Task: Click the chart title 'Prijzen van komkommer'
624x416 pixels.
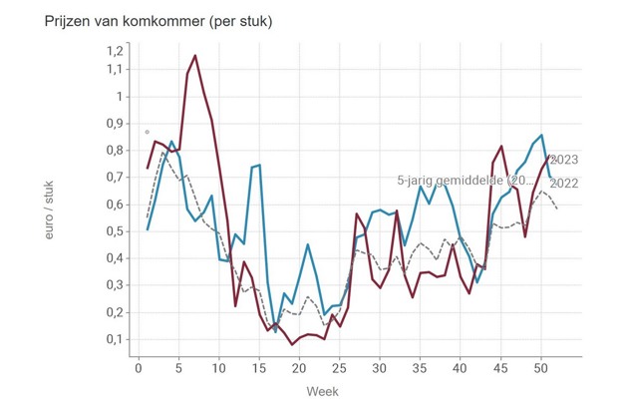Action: pyautogui.click(x=145, y=21)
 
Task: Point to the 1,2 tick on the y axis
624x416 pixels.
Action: pyautogui.click(x=114, y=50)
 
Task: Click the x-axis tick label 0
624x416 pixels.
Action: pyautogui.click(x=139, y=367)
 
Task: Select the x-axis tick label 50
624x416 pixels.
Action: pyautogui.click(x=540, y=367)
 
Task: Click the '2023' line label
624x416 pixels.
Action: pyautogui.click(x=564, y=160)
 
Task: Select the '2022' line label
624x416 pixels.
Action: pyautogui.click(x=564, y=183)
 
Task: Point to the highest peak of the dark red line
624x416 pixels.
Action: pyautogui.click(x=195, y=56)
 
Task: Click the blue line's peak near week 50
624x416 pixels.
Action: pyautogui.click(x=541, y=135)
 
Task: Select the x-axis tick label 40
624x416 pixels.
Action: pyautogui.click(x=460, y=367)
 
